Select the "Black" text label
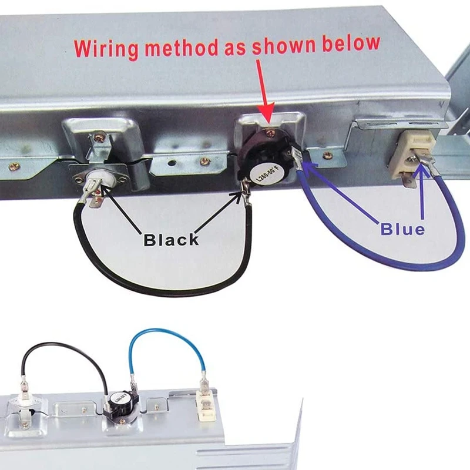(172, 240)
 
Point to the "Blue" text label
(402, 229)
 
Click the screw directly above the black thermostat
(269, 134)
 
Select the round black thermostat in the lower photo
(116, 405)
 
